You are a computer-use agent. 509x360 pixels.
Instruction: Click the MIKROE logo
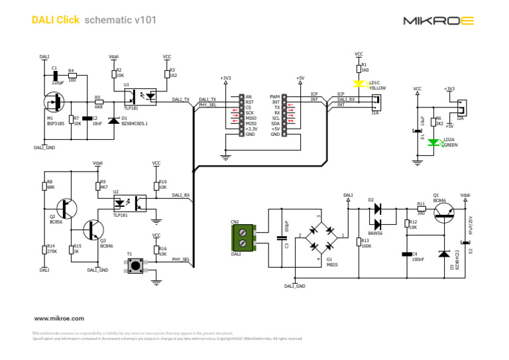[x=438, y=21]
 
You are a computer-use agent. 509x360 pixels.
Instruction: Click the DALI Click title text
[x=56, y=20]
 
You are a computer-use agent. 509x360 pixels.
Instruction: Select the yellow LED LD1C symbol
[x=359, y=84]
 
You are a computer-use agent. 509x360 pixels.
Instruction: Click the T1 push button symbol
[x=136, y=266]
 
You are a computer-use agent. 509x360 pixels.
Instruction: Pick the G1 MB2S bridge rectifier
[x=320, y=235]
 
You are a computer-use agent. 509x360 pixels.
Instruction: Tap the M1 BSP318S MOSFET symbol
[x=53, y=103]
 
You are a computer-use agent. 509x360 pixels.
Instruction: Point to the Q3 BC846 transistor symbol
[x=92, y=231]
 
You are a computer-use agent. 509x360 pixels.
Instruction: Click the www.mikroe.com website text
[x=59, y=318]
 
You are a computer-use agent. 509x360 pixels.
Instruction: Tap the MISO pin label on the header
[x=251, y=118]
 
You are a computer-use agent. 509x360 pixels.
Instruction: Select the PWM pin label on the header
[x=274, y=97]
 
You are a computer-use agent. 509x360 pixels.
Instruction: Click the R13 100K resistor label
[x=365, y=243]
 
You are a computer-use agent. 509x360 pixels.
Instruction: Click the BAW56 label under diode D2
[x=375, y=232]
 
